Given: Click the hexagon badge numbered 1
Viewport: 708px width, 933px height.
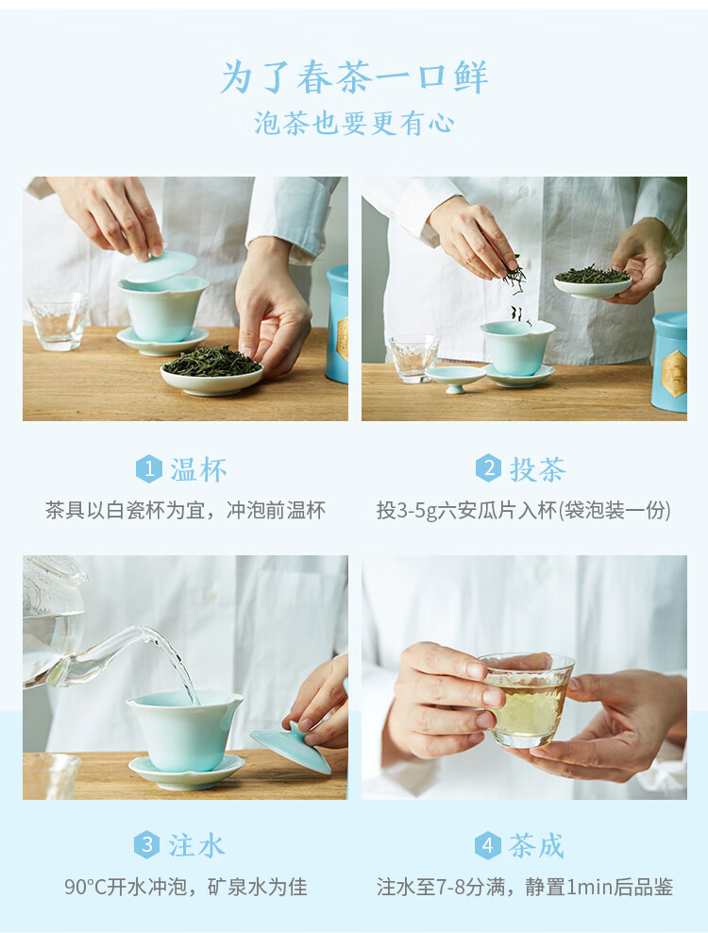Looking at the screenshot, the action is pos(149,469).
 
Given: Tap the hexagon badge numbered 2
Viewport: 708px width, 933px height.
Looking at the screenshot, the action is pos(488,468).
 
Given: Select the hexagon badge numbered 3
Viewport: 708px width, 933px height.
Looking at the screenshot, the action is pos(146,845).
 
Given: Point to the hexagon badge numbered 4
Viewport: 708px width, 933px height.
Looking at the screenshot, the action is pos(487,845).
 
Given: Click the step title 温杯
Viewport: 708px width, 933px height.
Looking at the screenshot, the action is pos(199,470).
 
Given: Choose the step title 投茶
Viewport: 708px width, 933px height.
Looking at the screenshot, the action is pos(538,469).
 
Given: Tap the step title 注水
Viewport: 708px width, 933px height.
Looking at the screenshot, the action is pos(196,845).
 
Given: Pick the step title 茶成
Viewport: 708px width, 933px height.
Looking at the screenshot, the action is pos(536,845).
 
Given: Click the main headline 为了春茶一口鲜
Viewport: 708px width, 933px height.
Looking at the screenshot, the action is pos(355,77).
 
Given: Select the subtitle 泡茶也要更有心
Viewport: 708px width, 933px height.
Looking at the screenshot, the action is pos(355,124).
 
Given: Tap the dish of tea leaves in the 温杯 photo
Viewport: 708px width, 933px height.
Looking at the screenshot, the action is pos(211,371).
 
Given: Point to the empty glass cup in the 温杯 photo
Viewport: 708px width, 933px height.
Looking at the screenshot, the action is pos(58,321).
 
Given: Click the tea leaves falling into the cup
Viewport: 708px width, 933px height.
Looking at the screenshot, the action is pos(516,289).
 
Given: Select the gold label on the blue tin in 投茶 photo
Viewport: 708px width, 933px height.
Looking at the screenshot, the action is pos(675,374).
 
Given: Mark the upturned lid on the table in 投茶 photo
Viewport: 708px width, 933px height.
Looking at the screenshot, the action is pos(456,379).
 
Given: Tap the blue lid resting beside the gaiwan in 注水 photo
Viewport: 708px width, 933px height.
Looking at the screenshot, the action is pos(291,747).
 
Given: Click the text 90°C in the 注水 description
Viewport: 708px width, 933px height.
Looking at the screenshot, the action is pos(85,887).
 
